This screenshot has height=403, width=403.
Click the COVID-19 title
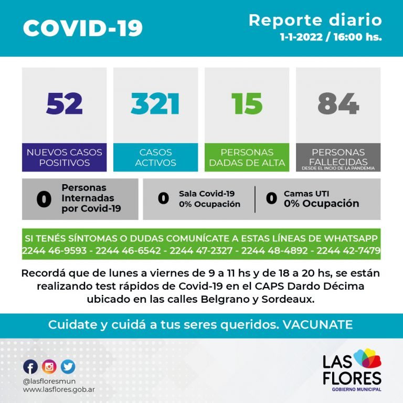click(x=82, y=28)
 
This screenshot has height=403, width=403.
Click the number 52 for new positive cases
click(x=64, y=103)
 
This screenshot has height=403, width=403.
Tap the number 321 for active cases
click(x=155, y=103)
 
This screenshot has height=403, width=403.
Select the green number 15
click(x=247, y=103)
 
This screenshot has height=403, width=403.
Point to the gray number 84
click(x=338, y=103)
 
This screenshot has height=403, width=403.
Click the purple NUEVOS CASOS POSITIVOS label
click(x=64, y=157)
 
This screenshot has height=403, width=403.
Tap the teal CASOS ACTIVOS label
click(x=155, y=157)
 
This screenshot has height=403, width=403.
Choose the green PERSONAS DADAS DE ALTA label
click(x=247, y=157)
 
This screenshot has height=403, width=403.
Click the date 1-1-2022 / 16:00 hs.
click(x=331, y=38)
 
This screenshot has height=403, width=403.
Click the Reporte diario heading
click(x=315, y=20)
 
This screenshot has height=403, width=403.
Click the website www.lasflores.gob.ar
click(x=59, y=390)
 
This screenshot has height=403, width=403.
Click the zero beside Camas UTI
click(x=271, y=198)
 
